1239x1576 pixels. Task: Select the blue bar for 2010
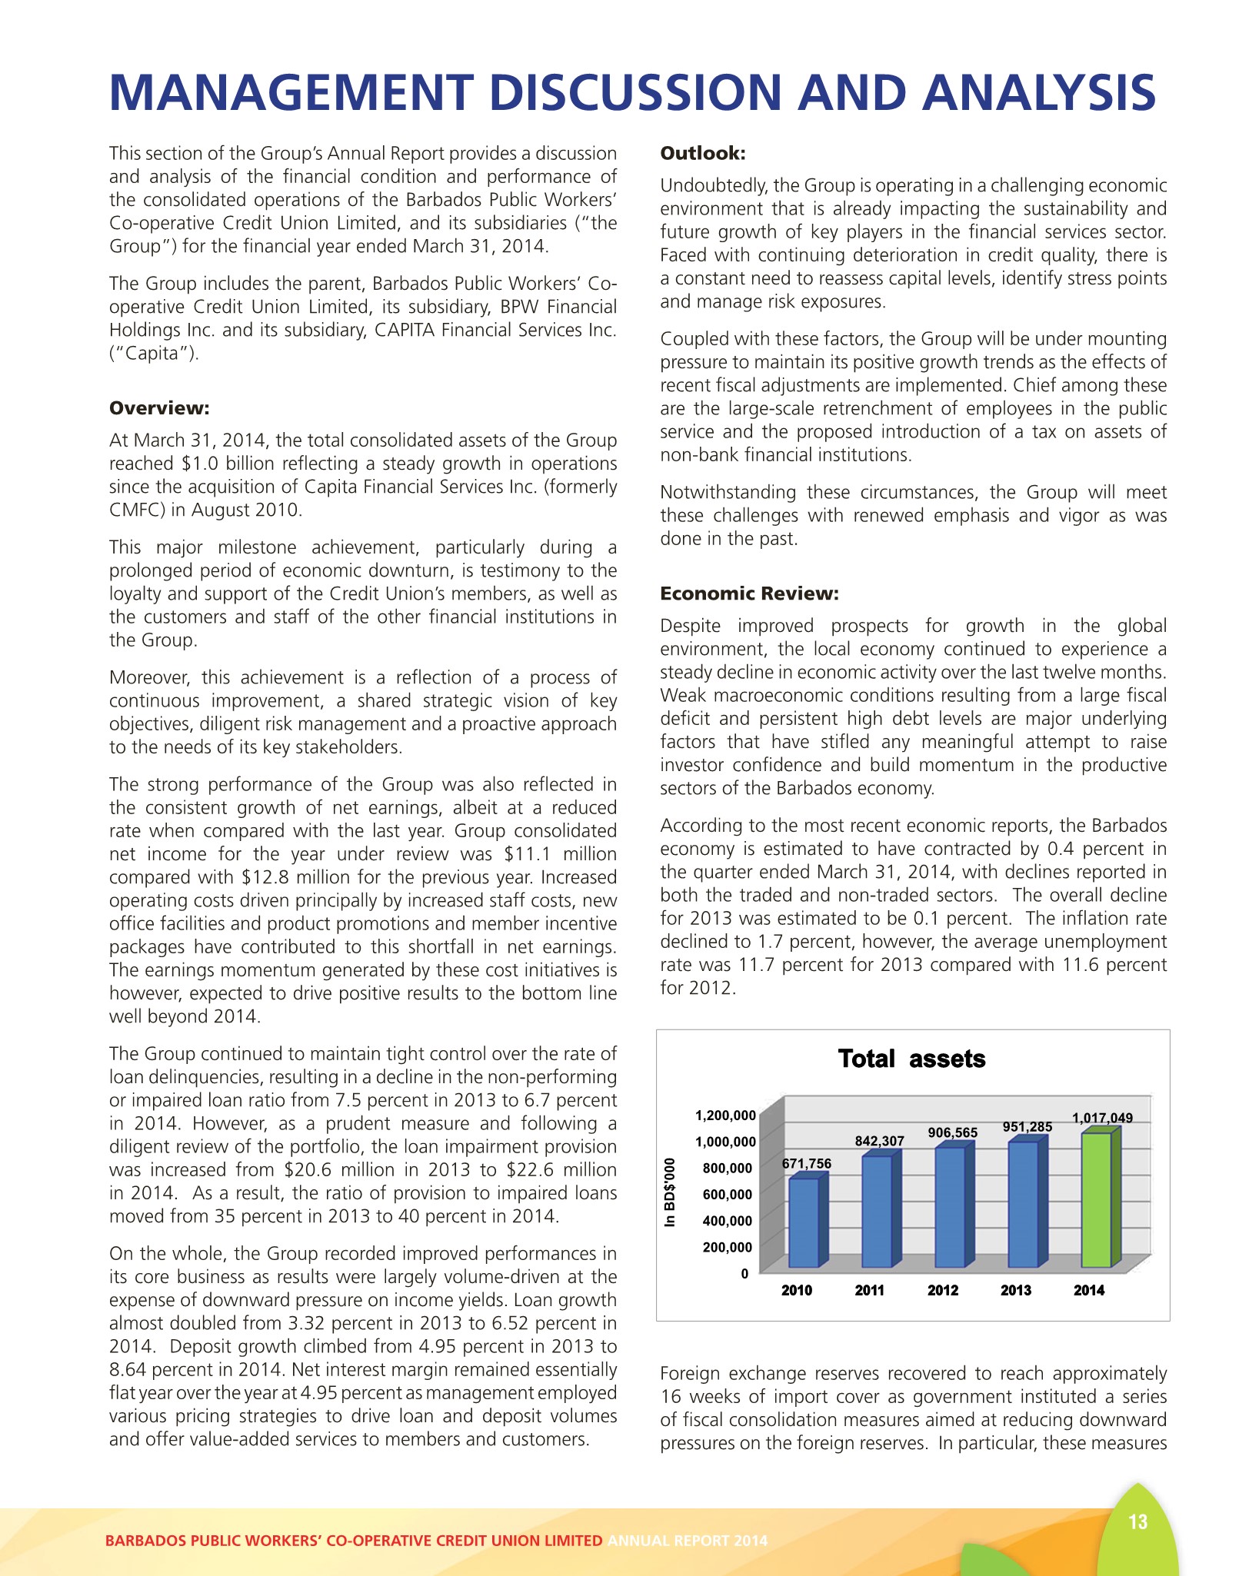pos(804,1222)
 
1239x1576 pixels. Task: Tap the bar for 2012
pos(950,1206)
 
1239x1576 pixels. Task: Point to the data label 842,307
pos(880,1142)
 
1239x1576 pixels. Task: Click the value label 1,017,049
pos(1102,1118)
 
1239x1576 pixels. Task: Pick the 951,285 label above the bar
pos(1028,1127)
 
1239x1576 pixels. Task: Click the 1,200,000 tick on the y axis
pos(724,1116)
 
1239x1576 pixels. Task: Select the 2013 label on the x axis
pos(1016,1291)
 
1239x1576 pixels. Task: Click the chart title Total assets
pos(911,1059)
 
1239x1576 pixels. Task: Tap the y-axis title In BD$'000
pos(671,1192)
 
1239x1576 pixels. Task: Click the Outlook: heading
pos(703,154)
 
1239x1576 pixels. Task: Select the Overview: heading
pos(159,408)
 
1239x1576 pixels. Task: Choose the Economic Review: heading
pos(749,593)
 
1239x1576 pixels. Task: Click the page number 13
pos(1137,1522)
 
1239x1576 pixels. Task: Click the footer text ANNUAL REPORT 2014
pos(687,1541)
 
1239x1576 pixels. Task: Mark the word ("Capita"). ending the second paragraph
pos(154,354)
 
